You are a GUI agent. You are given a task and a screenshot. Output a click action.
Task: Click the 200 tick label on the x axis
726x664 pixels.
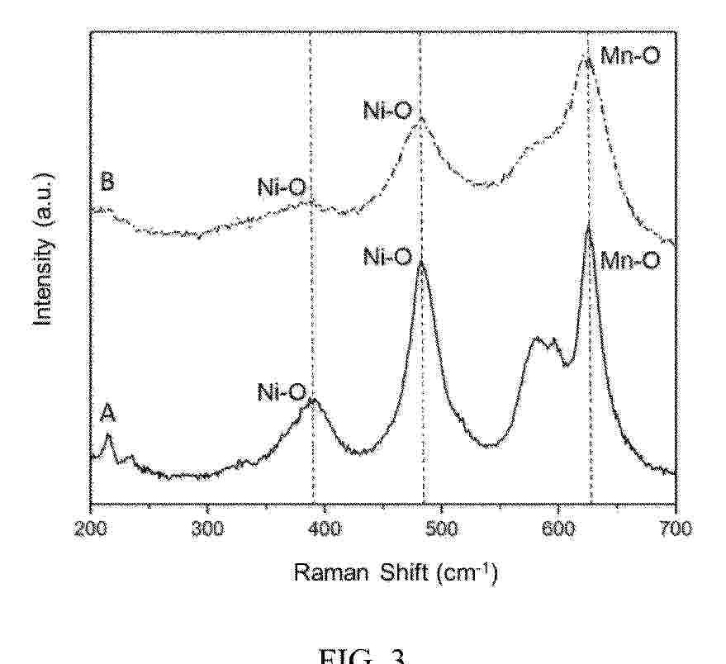(x=90, y=529)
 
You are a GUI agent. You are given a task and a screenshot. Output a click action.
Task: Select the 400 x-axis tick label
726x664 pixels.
(x=324, y=529)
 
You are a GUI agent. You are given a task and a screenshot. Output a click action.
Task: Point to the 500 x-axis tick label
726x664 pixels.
(x=441, y=529)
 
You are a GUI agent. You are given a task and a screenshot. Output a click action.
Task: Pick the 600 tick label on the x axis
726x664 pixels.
(x=558, y=529)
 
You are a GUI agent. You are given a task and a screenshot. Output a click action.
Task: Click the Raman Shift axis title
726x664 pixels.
(x=396, y=572)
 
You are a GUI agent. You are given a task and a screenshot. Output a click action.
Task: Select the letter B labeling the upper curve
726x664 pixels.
(x=107, y=183)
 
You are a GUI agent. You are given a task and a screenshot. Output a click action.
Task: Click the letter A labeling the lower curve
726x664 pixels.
(x=107, y=413)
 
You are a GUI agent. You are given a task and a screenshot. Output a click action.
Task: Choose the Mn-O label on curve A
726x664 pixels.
(x=629, y=261)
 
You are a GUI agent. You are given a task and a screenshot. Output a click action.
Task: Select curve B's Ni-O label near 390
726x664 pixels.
(x=282, y=189)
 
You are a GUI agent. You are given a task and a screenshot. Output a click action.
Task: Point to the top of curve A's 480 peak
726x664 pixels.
(x=421, y=263)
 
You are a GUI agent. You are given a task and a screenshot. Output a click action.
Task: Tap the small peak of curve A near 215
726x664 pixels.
(x=108, y=435)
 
